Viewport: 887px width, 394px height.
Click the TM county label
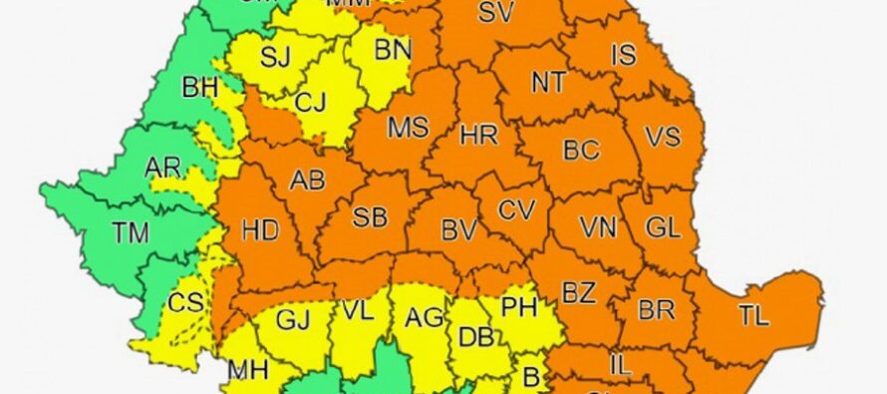(x=131, y=233)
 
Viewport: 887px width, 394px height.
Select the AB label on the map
(x=306, y=181)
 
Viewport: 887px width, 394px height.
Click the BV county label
(x=459, y=229)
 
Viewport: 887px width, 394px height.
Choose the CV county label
(x=516, y=210)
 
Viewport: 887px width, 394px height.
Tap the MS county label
(x=408, y=129)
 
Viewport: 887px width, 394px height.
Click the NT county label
(x=548, y=83)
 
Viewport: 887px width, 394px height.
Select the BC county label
(x=581, y=152)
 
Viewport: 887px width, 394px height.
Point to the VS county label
(x=662, y=135)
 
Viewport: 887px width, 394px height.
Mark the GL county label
(x=663, y=226)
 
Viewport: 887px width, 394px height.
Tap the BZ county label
(x=578, y=293)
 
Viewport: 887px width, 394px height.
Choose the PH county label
(x=519, y=306)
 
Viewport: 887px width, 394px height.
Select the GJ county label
(x=292, y=319)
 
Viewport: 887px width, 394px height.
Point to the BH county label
(x=199, y=88)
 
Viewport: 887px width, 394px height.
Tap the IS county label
(x=623, y=55)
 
